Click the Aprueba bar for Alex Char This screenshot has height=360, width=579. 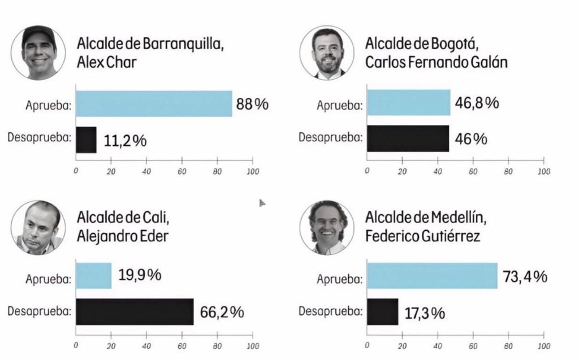pyautogui.click(x=154, y=103)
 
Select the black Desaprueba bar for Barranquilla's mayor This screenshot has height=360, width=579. pyautogui.click(x=86, y=140)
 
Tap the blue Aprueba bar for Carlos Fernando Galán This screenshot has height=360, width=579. pyautogui.click(x=409, y=102)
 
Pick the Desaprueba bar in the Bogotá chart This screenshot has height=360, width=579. pyautogui.click(x=408, y=138)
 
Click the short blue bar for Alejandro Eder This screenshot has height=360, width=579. pyautogui.click(x=94, y=276)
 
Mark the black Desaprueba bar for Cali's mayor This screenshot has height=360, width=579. pyautogui.click(x=135, y=311)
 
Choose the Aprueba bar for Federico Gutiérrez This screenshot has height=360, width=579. pyautogui.click(x=433, y=276)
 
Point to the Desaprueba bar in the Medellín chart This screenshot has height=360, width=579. pyautogui.click(x=383, y=311)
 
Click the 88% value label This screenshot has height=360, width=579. pyautogui.click(x=252, y=105)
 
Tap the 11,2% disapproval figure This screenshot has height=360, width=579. pyautogui.click(x=125, y=141)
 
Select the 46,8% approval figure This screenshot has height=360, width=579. pyautogui.click(x=477, y=103)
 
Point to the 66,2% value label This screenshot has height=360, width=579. pyautogui.click(x=222, y=312)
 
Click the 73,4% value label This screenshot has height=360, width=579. pyautogui.click(x=524, y=276)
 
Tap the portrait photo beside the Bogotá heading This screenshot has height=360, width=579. pyautogui.click(x=331, y=53)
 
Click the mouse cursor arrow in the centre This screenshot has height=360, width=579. pyautogui.click(x=262, y=202)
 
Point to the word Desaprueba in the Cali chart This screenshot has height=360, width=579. pyautogui.click(x=38, y=311)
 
